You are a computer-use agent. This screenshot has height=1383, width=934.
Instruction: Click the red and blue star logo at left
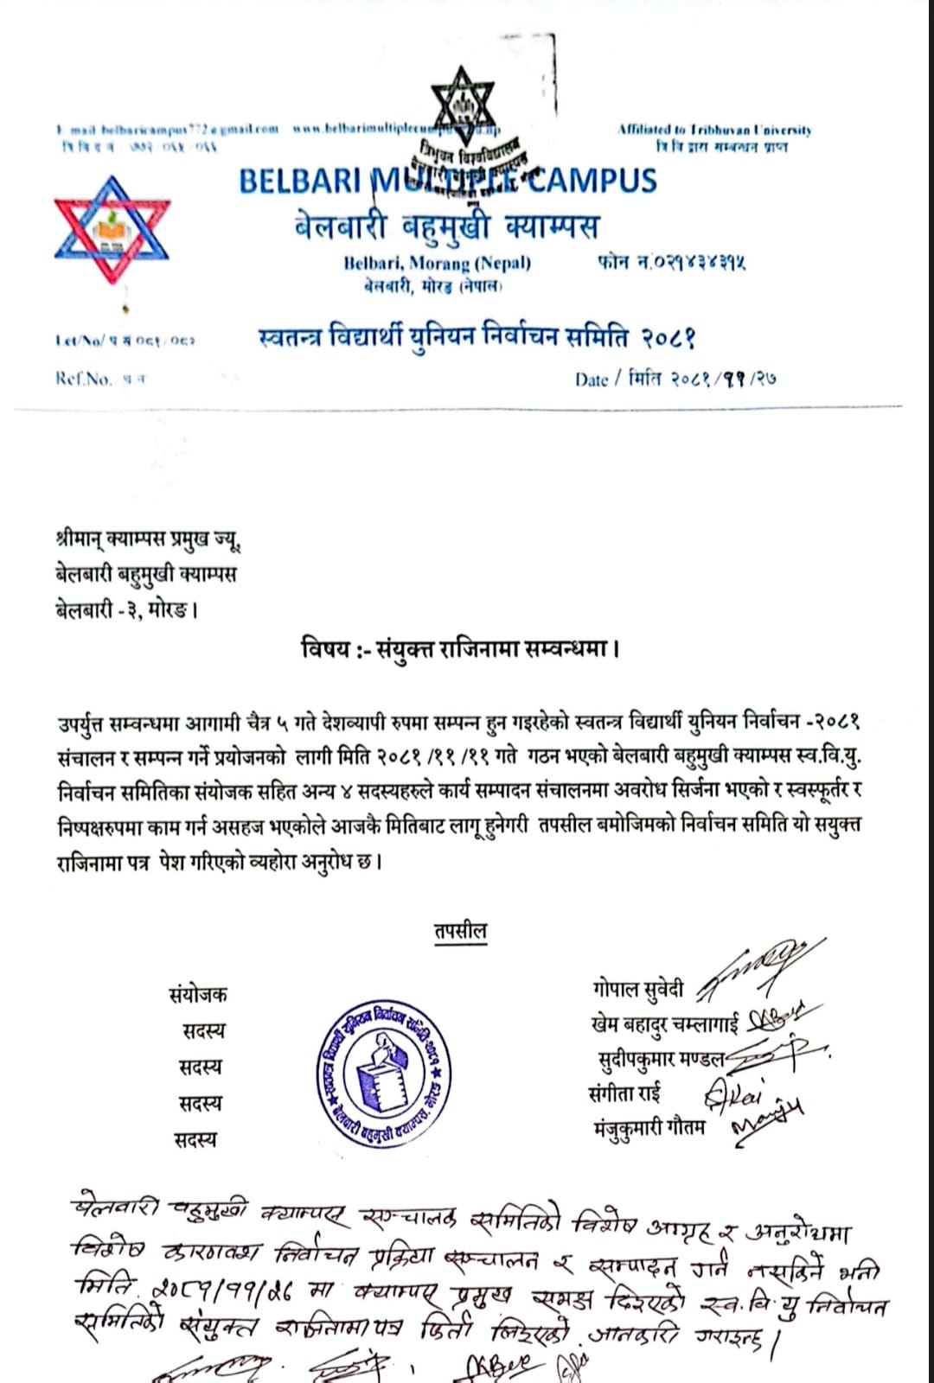click(x=112, y=229)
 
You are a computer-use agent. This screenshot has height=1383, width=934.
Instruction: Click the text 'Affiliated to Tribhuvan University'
click(x=714, y=130)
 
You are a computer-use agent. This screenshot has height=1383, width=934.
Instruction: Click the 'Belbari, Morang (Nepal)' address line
click(x=437, y=263)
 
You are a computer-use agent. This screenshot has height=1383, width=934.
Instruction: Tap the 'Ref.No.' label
click(x=83, y=378)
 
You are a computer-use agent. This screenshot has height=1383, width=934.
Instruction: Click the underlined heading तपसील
click(x=460, y=931)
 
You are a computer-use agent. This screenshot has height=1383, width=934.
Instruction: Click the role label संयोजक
click(x=198, y=995)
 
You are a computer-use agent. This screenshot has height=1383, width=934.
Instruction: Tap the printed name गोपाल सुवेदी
click(x=638, y=990)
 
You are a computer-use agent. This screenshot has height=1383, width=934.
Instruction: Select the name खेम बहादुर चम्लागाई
click(x=664, y=1024)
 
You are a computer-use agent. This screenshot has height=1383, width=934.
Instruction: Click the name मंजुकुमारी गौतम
click(x=649, y=1128)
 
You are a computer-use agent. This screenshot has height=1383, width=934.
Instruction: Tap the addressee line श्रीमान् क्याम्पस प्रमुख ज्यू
click(x=147, y=541)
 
